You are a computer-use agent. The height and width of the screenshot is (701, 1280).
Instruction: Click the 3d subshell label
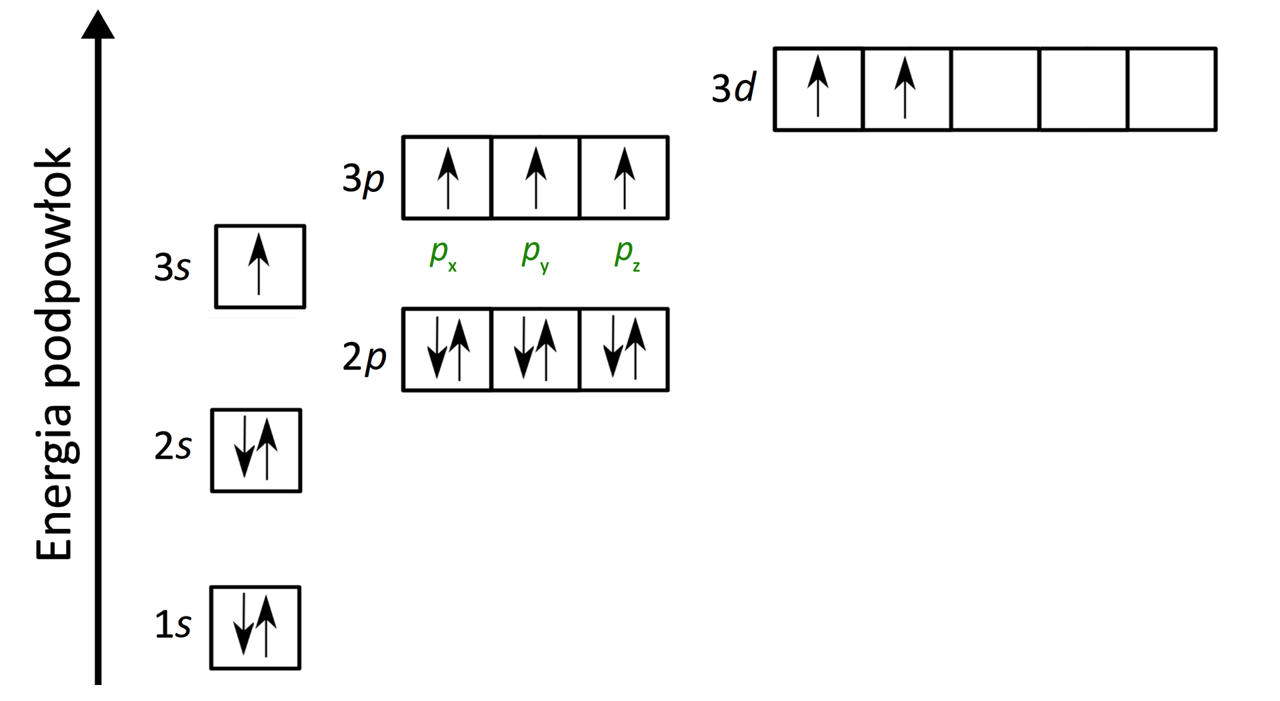coord(733,88)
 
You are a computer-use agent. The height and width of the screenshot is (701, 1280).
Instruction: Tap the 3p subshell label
coord(363,179)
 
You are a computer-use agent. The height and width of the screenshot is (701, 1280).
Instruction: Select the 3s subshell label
coord(173,267)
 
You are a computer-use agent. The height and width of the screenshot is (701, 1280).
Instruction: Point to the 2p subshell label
coord(364,356)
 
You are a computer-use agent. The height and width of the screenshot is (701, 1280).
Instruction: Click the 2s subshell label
coord(173,446)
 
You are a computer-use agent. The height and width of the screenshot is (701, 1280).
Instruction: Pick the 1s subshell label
coord(173,625)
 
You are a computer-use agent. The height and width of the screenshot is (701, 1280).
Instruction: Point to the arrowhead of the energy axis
coord(98,25)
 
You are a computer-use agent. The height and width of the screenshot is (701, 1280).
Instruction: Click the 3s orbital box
coord(260,267)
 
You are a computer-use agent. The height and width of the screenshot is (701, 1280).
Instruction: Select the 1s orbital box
coord(255,628)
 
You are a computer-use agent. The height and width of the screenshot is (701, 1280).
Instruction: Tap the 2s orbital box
coord(256,450)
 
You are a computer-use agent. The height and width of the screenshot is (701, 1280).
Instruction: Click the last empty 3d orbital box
coord(1172,89)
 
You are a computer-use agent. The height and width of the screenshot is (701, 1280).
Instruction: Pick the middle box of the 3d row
coord(995,89)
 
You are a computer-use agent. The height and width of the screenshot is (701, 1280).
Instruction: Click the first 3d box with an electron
coord(818,89)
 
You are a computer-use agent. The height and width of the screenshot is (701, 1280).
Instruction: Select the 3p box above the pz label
coord(624,178)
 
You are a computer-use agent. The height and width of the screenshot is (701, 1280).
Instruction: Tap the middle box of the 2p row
coord(535,349)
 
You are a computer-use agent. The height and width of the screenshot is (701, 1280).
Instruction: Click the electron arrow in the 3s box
coord(259,264)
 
